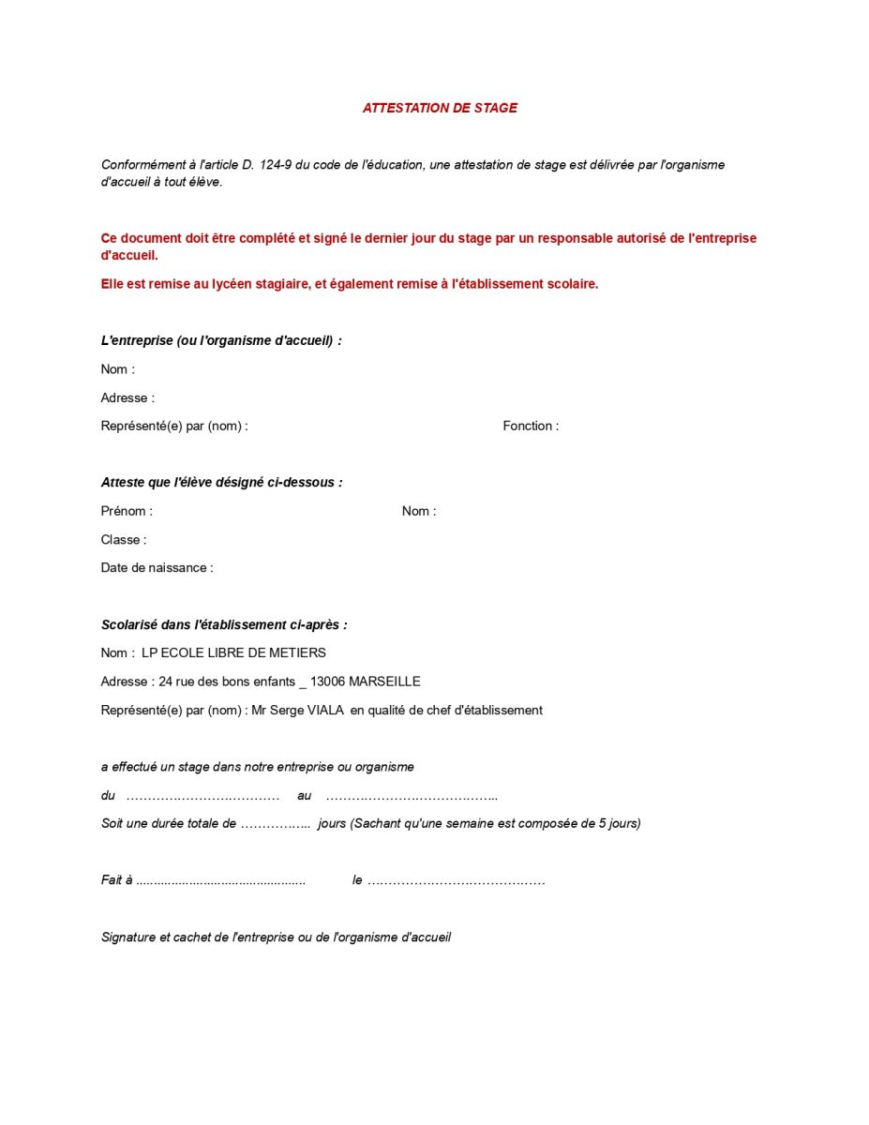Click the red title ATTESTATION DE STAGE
440,108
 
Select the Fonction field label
530,426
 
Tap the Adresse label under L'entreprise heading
127,397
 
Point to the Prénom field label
126,511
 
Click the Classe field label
123,539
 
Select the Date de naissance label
157,567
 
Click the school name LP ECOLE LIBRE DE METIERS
233,652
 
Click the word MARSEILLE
384,682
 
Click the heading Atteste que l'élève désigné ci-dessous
221,482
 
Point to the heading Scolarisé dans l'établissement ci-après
224,624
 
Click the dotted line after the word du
202,796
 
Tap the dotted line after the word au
412,796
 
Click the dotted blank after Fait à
220,881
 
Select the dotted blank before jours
275,824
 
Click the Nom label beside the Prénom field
418,511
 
